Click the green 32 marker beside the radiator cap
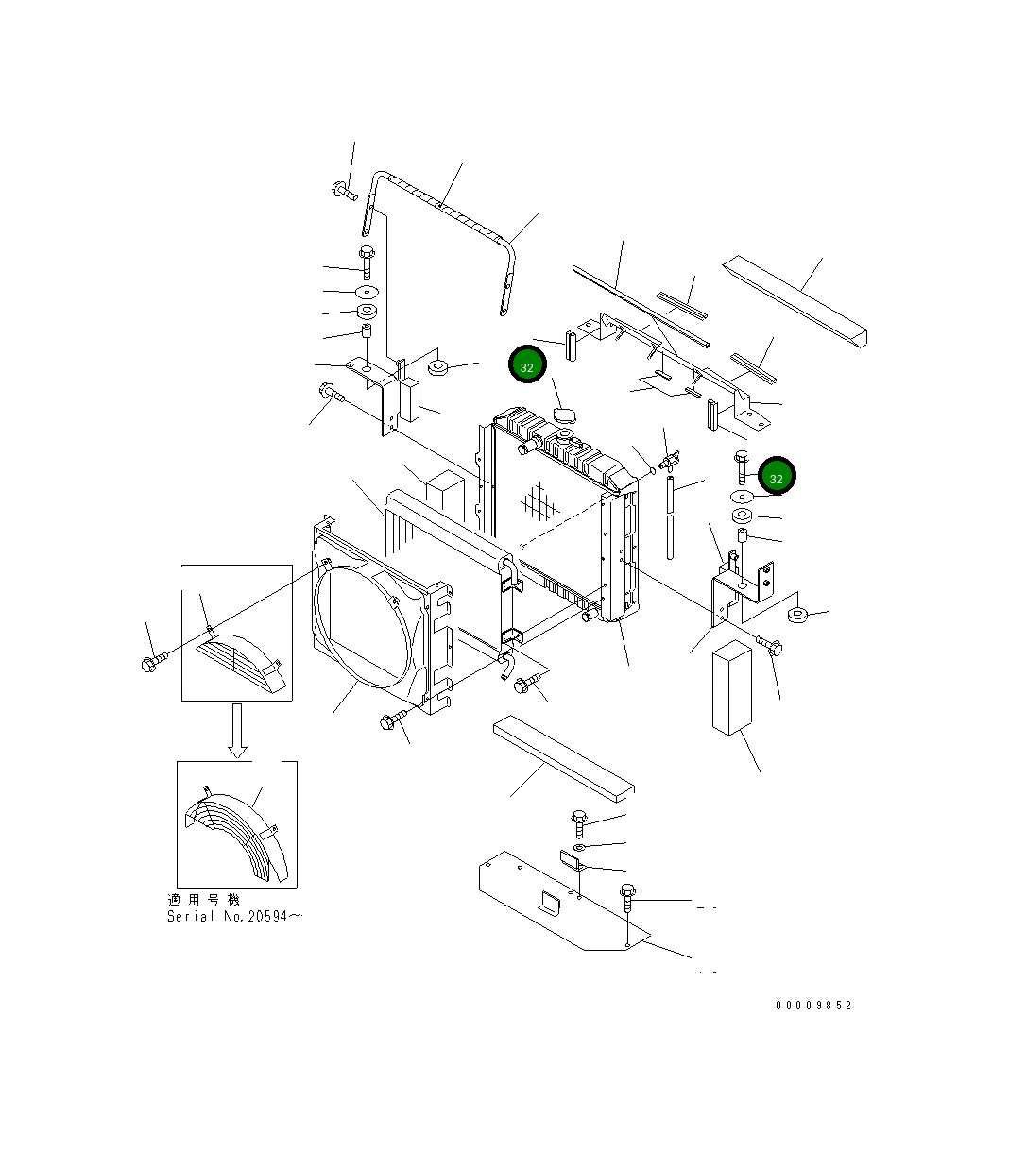527,365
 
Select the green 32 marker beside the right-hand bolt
777,478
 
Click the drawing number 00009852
813,1006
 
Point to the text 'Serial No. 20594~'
234,916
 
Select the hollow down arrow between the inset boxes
237,732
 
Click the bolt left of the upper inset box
153,662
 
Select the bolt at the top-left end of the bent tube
344,193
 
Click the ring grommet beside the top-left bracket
438,366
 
